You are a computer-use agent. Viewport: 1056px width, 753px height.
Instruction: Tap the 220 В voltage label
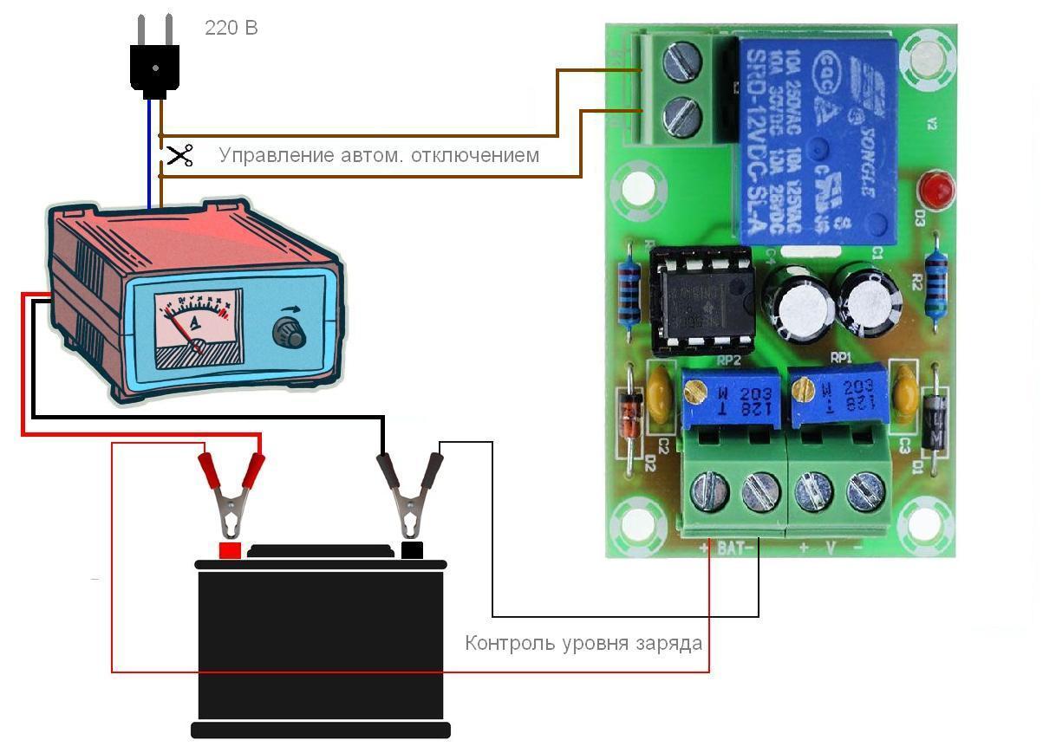231,28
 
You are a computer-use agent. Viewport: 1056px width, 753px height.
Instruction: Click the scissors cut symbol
179,156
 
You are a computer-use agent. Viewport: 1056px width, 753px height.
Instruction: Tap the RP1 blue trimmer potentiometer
838,395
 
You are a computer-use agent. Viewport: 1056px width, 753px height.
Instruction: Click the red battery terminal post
229,550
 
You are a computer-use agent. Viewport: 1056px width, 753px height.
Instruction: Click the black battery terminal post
412,549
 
